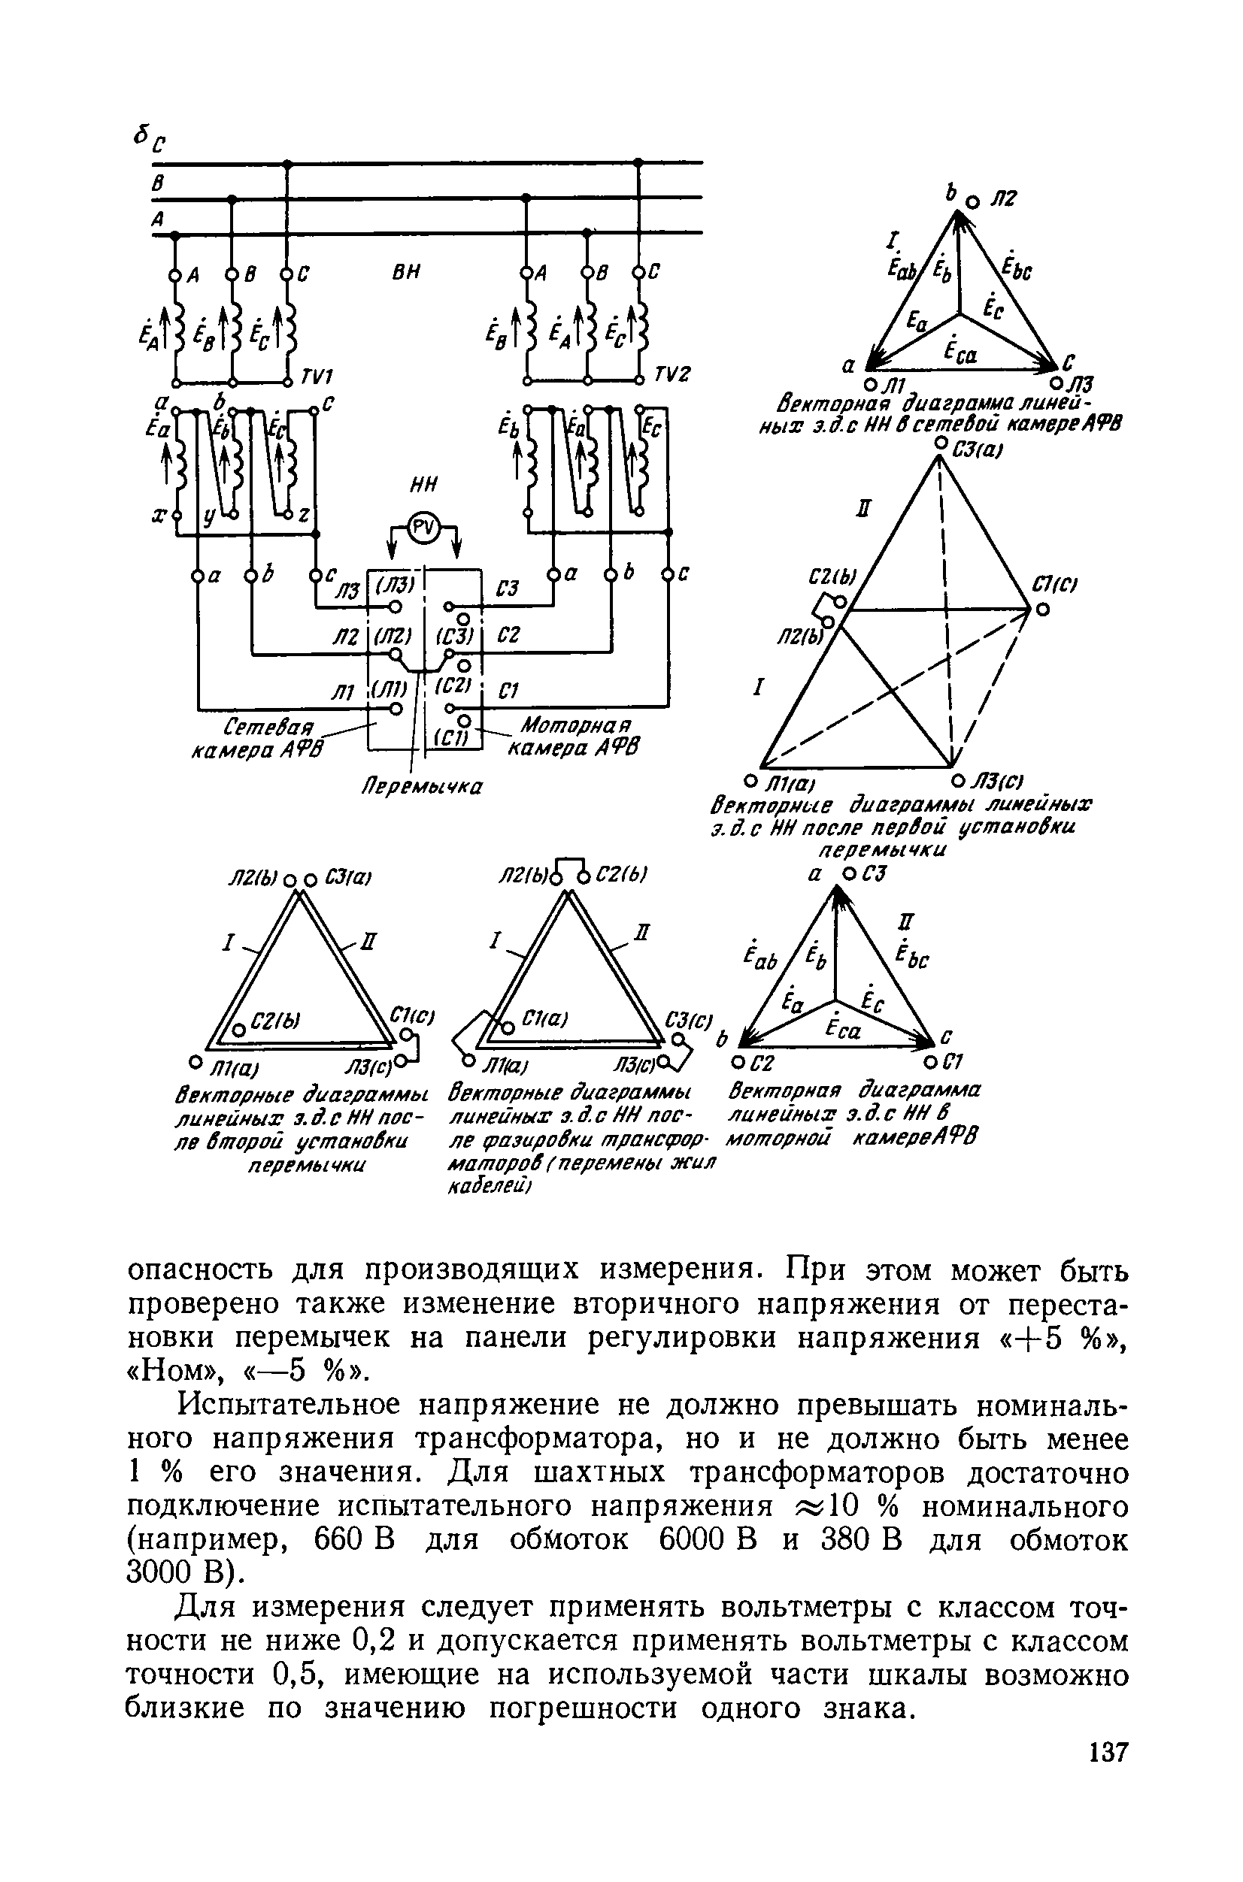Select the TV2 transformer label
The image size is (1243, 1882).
[x=673, y=375]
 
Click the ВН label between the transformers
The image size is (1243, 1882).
[x=407, y=272]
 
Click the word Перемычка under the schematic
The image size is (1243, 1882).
[x=423, y=787]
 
